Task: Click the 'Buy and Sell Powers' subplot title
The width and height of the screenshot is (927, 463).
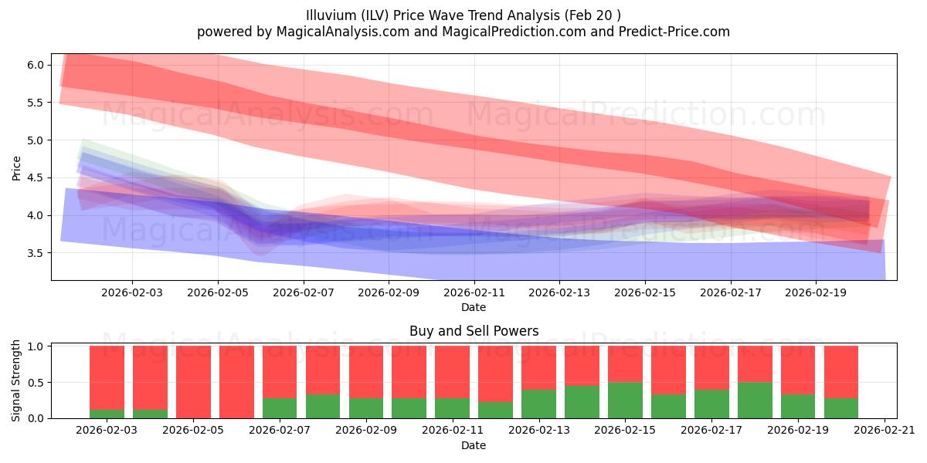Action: (474, 331)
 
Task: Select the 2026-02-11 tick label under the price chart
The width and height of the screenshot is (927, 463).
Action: (474, 293)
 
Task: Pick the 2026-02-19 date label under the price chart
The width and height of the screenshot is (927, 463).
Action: (817, 293)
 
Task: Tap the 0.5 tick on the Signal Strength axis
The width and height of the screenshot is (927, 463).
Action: (36, 383)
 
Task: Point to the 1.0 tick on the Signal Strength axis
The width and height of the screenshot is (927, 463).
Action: (36, 346)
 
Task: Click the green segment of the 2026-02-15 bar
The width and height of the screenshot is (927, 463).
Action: (625, 400)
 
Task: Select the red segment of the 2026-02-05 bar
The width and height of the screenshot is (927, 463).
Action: (193, 382)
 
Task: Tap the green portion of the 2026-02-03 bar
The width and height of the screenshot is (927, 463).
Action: (107, 414)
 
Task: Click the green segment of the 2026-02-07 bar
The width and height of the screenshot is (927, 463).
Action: (280, 408)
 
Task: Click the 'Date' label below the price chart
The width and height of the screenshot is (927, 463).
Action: (474, 307)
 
